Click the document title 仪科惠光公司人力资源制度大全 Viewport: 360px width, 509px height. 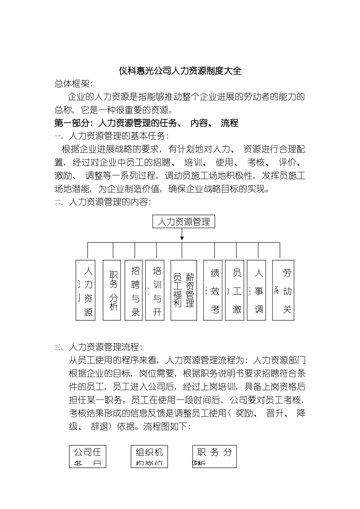coord(180,71)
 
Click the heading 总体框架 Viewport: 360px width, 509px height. coord(74,84)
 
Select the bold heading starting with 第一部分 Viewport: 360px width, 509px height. coord(146,123)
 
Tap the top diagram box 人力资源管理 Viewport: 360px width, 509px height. coord(183,222)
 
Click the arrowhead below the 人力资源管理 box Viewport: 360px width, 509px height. coord(182,238)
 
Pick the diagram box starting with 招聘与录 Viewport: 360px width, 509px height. coord(135,290)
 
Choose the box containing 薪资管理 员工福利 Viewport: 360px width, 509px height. coord(183,290)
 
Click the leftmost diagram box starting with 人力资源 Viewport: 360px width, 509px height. coord(86,290)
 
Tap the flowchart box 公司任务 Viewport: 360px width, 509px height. coord(88,456)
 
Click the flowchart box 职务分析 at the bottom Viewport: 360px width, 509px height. coord(214,456)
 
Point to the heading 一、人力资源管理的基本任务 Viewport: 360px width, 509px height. coord(111,136)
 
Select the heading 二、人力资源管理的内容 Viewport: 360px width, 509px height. coord(103,202)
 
